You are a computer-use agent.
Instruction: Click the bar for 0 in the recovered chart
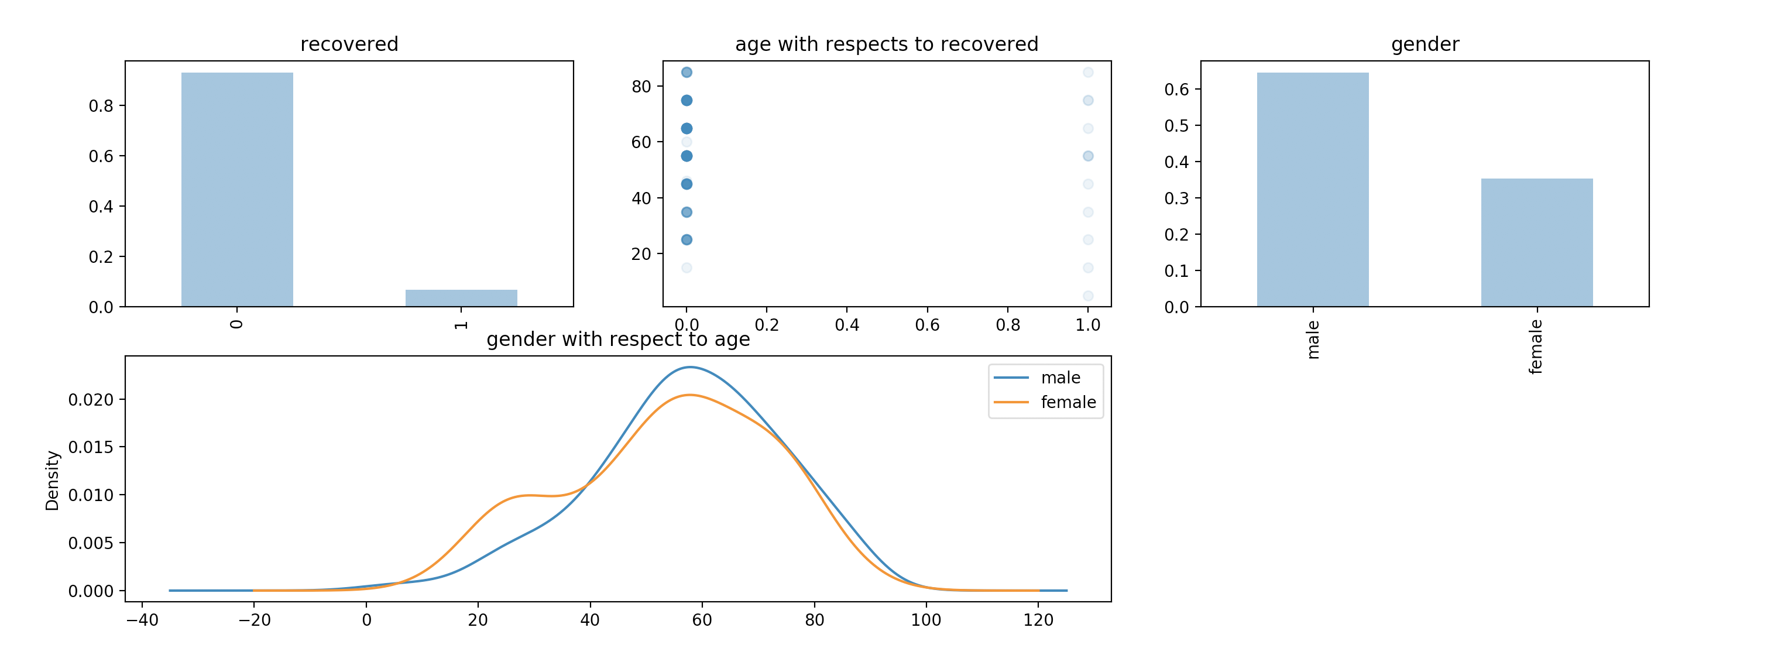(237, 189)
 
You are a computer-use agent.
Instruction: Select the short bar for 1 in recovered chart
(461, 298)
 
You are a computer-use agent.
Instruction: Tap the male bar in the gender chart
(1312, 189)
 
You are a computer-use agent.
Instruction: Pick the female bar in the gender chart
(1536, 242)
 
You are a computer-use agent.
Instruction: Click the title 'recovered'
(349, 44)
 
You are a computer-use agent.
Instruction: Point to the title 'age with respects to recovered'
(887, 44)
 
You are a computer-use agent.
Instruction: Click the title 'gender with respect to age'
(618, 340)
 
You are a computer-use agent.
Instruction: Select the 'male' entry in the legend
(1060, 378)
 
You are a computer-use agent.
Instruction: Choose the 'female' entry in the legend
(1068, 402)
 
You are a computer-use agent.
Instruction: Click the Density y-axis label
(52, 480)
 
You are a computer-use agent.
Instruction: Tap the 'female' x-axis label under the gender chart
(1536, 347)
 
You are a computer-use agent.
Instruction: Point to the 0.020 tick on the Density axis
(91, 400)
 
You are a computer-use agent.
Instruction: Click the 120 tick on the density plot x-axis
(1038, 620)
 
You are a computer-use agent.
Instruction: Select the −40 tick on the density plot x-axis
(142, 620)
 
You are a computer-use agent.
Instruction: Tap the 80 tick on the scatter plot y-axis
(641, 87)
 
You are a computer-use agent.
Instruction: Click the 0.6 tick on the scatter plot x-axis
(928, 325)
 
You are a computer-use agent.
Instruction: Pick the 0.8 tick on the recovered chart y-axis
(101, 106)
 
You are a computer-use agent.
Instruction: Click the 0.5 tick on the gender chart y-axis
(1176, 126)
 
